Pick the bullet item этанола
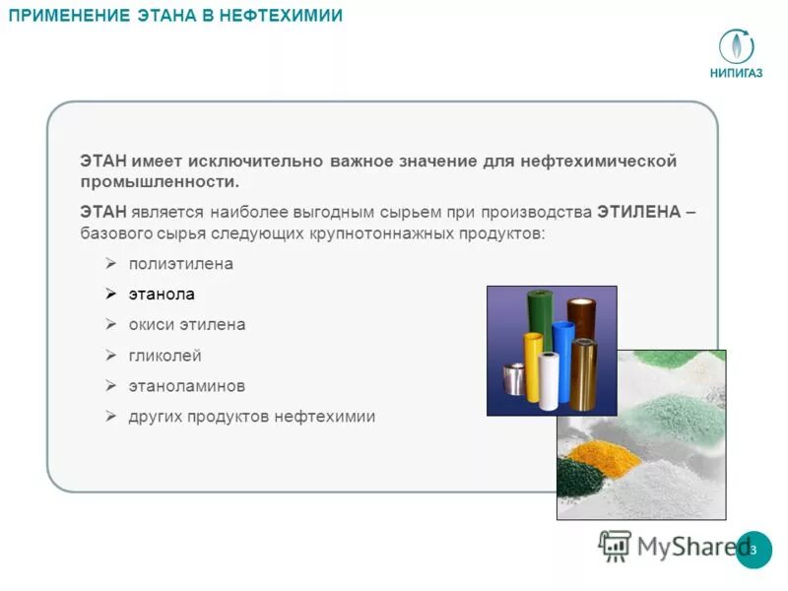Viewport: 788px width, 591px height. [162, 294]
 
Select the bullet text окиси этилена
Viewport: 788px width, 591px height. [187, 324]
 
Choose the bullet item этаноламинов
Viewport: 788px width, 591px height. [187, 385]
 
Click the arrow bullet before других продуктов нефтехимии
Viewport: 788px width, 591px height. [111, 416]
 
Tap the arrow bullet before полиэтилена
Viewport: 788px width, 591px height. [111, 264]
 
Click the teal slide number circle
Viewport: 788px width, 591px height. [754, 549]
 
